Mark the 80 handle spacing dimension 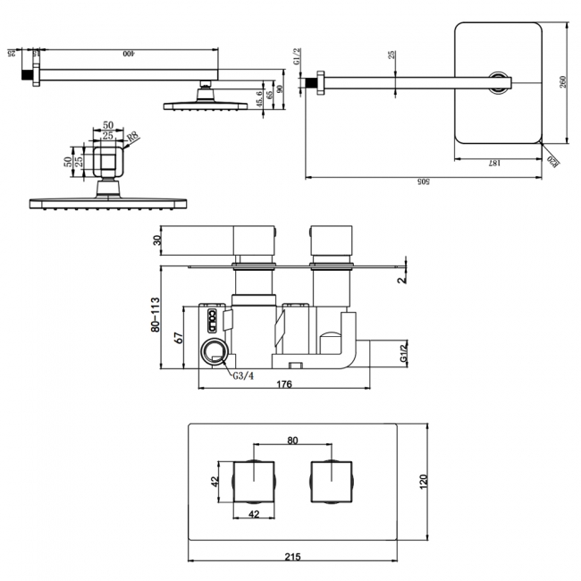pos(291,440)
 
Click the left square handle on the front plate pos(254,483)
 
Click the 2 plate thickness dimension pos(403,278)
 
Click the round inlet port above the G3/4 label pos(214,352)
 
